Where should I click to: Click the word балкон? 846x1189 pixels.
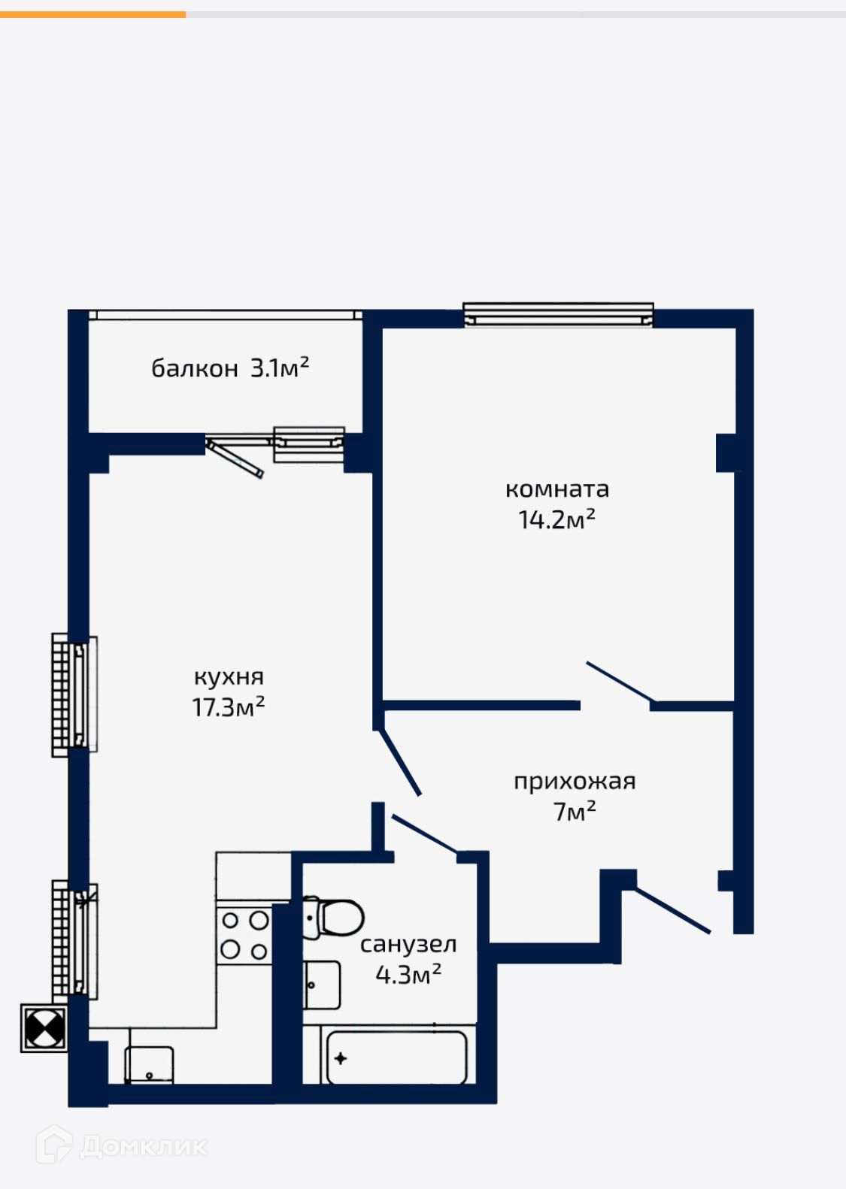click(x=194, y=368)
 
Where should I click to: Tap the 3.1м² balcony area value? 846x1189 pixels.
click(x=279, y=367)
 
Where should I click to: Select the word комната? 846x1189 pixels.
click(x=557, y=489)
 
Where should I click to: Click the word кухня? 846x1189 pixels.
click(x=229, y=677)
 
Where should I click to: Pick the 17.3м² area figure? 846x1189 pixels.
click(x=229, y=706)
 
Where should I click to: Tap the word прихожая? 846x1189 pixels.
click(x=575, y=782)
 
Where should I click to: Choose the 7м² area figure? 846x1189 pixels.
click(x=575, y=811)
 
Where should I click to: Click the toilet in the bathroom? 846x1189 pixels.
click(x=333, y=917)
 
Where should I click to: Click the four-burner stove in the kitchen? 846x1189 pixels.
click(x=244, y=934)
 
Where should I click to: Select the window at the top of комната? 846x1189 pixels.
click(x=558, y=316)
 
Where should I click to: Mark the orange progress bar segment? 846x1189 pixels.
click(x=93, y=15)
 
